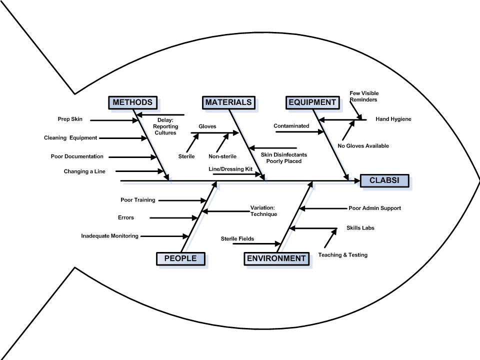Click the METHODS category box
(x=132, y=102)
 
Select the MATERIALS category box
(x=227, y=102)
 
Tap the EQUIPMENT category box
(x=311, y=102)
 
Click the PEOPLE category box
(x=180, y=258)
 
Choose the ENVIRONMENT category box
(x=275, y=258)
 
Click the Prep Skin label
(x=70, y=119)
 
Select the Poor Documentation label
(x=77, y=156)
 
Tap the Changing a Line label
(x=84, y=171)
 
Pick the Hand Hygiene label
(x=393, y=119)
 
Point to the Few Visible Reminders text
(x=363, y=96)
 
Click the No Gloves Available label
(x=363, y=146)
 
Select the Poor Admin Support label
(x=374, y=208)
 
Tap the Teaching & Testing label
(x=343, y=255)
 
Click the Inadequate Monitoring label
(x=109, y=236)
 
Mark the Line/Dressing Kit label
(x=230, y=169)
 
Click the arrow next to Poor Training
(x=182, y=200)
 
